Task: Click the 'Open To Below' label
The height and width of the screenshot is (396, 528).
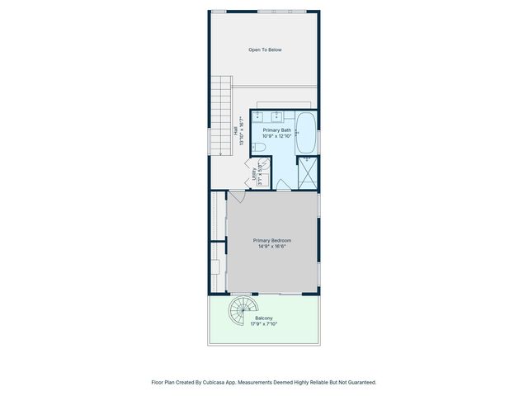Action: tap(265, 50)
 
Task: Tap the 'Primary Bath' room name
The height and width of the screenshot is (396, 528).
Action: tap(276, 130)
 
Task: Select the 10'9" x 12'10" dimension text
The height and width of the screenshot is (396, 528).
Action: tap(276, 136)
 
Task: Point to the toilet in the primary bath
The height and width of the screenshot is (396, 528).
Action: tap(258, 148)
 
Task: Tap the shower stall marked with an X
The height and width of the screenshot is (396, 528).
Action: tap(307, 171)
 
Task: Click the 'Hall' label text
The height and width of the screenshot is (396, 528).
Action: tap(235, 130)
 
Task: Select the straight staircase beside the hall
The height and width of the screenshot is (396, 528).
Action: tap(219, 115)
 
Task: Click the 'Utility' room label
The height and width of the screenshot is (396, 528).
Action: tap(253, 175)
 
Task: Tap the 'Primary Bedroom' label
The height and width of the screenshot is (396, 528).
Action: tap(271, 241)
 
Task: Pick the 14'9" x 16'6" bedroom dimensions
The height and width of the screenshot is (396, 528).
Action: tap(271, 247)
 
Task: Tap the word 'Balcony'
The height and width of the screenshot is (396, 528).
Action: tap(264, 318)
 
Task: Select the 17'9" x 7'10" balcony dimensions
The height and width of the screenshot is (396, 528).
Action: tap(264, 324)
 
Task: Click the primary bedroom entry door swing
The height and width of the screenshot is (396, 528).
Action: tap(237, 196)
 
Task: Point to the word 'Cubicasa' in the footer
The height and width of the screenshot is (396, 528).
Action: tap(220, 383)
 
